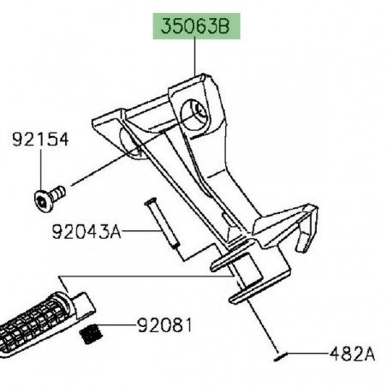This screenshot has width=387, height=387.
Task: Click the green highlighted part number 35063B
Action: pyautogui.click(x=196, y=26)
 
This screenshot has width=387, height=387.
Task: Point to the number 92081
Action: pyautogui.click(x=164, y=325)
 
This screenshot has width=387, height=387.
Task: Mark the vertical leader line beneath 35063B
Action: pyautogui.click(x=196, y=60)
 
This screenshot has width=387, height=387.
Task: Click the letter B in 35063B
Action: pyautogui.click(x=229, y=26)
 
